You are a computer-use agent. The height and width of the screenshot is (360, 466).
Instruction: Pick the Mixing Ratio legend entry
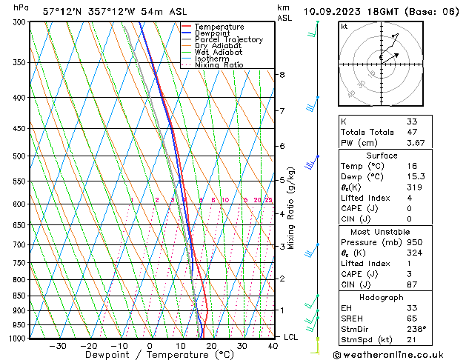[219, 65]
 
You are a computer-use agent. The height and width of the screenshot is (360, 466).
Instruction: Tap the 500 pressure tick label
[20, 156]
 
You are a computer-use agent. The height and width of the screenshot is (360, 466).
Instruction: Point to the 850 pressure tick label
[20, 296]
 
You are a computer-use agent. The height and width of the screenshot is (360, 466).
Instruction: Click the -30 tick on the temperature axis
[57, 346]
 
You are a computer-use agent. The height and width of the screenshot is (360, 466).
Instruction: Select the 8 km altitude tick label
[282, 75]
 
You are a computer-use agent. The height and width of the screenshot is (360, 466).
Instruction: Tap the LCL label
[292, 337]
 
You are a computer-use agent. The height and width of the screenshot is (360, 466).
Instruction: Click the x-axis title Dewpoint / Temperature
[147, 355]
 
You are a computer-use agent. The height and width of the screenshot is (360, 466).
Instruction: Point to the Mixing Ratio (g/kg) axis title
[291, 208]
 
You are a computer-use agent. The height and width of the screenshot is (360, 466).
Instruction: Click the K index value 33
[411, 121]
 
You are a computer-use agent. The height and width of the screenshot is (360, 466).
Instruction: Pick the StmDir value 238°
[417, 329]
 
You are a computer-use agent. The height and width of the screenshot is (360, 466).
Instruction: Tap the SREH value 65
[411, 318]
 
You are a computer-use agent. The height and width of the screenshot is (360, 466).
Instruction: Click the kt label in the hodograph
[344, 26]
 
